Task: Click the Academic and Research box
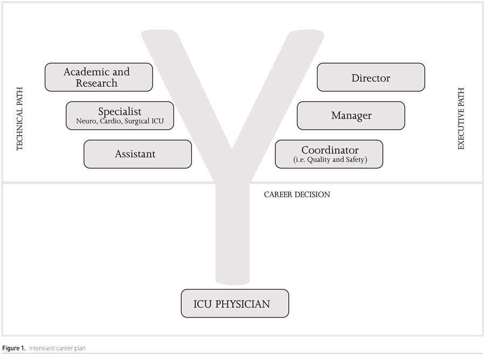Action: click(99, 77)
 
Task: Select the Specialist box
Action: click(120, 115)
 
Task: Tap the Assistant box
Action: click(137, 154)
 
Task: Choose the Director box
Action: click(371, 78)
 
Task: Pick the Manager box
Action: click(351, 115)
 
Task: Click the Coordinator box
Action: click(329, 154)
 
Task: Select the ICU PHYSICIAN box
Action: click(234, 303)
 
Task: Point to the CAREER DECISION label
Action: click(297, 195)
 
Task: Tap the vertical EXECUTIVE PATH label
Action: click(461, 119)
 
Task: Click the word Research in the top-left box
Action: click(96, 84)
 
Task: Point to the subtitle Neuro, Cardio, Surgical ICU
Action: click(120, 121)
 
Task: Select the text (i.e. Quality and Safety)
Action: click(330, 160)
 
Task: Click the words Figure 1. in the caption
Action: click(13, 349)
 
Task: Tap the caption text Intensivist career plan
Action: click(57, 349)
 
